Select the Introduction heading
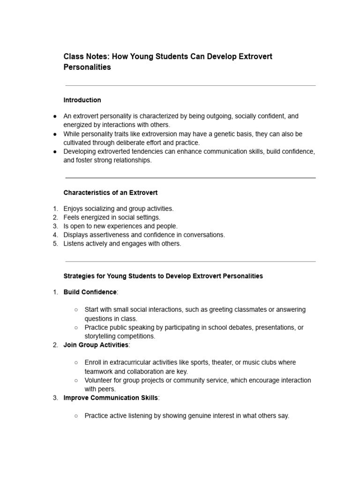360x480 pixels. point(82,100)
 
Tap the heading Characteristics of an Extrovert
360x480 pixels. point(110,193)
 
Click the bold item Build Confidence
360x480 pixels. point(90,292)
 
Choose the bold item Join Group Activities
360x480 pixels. point(96,345)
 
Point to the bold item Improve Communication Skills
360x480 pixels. point(111,398)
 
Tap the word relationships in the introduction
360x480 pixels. point(133,160)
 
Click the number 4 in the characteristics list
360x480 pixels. point(55,235)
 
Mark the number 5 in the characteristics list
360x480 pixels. point(55,244)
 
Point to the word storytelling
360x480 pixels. point(102,336)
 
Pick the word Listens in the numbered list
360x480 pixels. point(75,244)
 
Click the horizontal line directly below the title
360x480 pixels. point(190,85)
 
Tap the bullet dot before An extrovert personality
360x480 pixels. point(55,116)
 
